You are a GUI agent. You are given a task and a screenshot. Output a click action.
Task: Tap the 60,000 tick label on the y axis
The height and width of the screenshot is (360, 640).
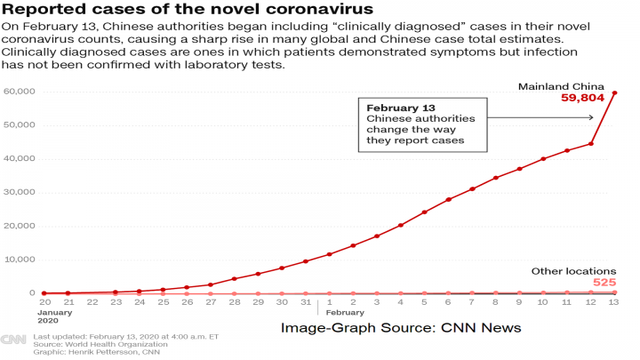point(20,92)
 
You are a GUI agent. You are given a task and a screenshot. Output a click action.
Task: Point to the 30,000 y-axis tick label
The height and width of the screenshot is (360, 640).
point(20,192)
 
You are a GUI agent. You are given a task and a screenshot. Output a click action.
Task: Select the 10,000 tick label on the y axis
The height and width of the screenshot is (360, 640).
point(20,260)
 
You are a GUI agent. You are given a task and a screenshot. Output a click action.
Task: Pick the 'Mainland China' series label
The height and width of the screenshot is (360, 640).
point(569,85)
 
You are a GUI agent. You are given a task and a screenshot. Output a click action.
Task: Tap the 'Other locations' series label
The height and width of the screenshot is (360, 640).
point(573,270)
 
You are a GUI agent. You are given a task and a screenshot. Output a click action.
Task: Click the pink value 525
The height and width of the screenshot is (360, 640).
point(604,283)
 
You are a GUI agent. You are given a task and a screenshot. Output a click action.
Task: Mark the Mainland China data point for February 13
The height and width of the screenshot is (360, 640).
point(615,92)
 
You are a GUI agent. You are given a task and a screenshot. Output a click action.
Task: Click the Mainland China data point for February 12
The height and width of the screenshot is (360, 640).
point(591,143)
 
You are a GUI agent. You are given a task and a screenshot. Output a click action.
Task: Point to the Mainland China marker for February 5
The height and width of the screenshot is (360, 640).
point(424,212)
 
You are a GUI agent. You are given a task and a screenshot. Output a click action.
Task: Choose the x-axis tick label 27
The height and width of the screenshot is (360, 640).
point(211,302)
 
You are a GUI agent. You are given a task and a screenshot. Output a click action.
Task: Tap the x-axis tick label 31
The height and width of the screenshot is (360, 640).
point(306,302)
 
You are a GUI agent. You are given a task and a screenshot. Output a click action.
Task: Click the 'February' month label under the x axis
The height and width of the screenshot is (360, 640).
point(347,313)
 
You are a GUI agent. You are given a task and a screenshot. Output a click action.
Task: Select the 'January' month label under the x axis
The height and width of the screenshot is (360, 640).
point(55,313)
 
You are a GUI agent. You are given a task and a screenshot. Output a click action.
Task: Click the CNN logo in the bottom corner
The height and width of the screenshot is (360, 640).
point(12,339)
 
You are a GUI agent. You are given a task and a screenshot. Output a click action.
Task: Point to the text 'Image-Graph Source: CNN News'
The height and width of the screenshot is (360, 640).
point(400,328)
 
